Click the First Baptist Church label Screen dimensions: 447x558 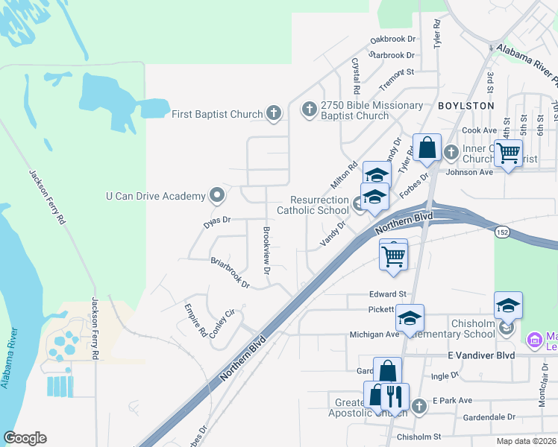pyautogui.click(x=217, y=114)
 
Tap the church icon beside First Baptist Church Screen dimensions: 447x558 pyautogui.click(x=274, y=113)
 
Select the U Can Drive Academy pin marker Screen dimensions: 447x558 pyautogui.click(x=217, y=195)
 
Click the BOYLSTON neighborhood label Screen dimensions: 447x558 pyautogui.click(x=465, y=106)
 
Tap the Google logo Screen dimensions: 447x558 pyautogui.click(x=25, y=438)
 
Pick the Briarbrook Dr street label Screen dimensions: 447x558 pyautogui.click(x=230, y=272)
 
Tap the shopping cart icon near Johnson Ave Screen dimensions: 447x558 pyautogui.click(x=509, y=153)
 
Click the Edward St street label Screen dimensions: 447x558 pyautogui.click(x=388, y=294)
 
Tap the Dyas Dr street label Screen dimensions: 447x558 pyautogui.click(x=218, y=221)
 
